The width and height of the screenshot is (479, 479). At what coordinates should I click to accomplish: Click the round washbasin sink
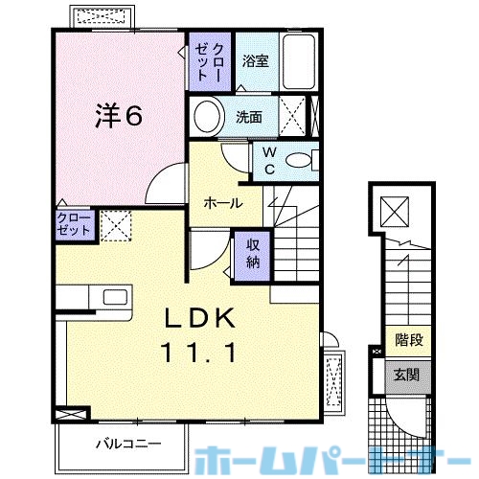(x=206, y=117)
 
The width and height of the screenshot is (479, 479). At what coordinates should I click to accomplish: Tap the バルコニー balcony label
(x=127, y=444)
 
